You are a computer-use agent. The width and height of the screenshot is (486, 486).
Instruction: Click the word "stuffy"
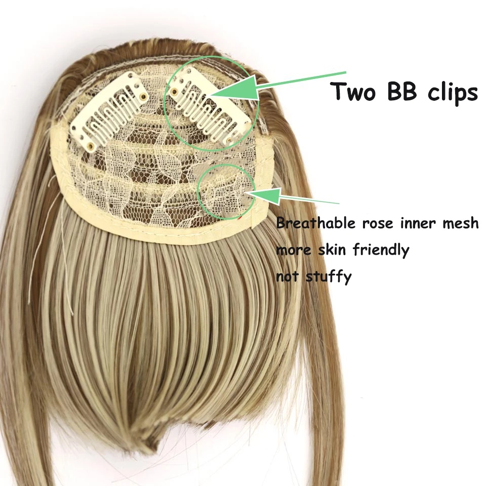(x=329, y=277)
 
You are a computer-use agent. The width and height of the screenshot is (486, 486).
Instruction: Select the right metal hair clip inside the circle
(x=211, y=108)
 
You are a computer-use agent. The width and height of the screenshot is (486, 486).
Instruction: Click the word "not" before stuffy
(x=287, y=277)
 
